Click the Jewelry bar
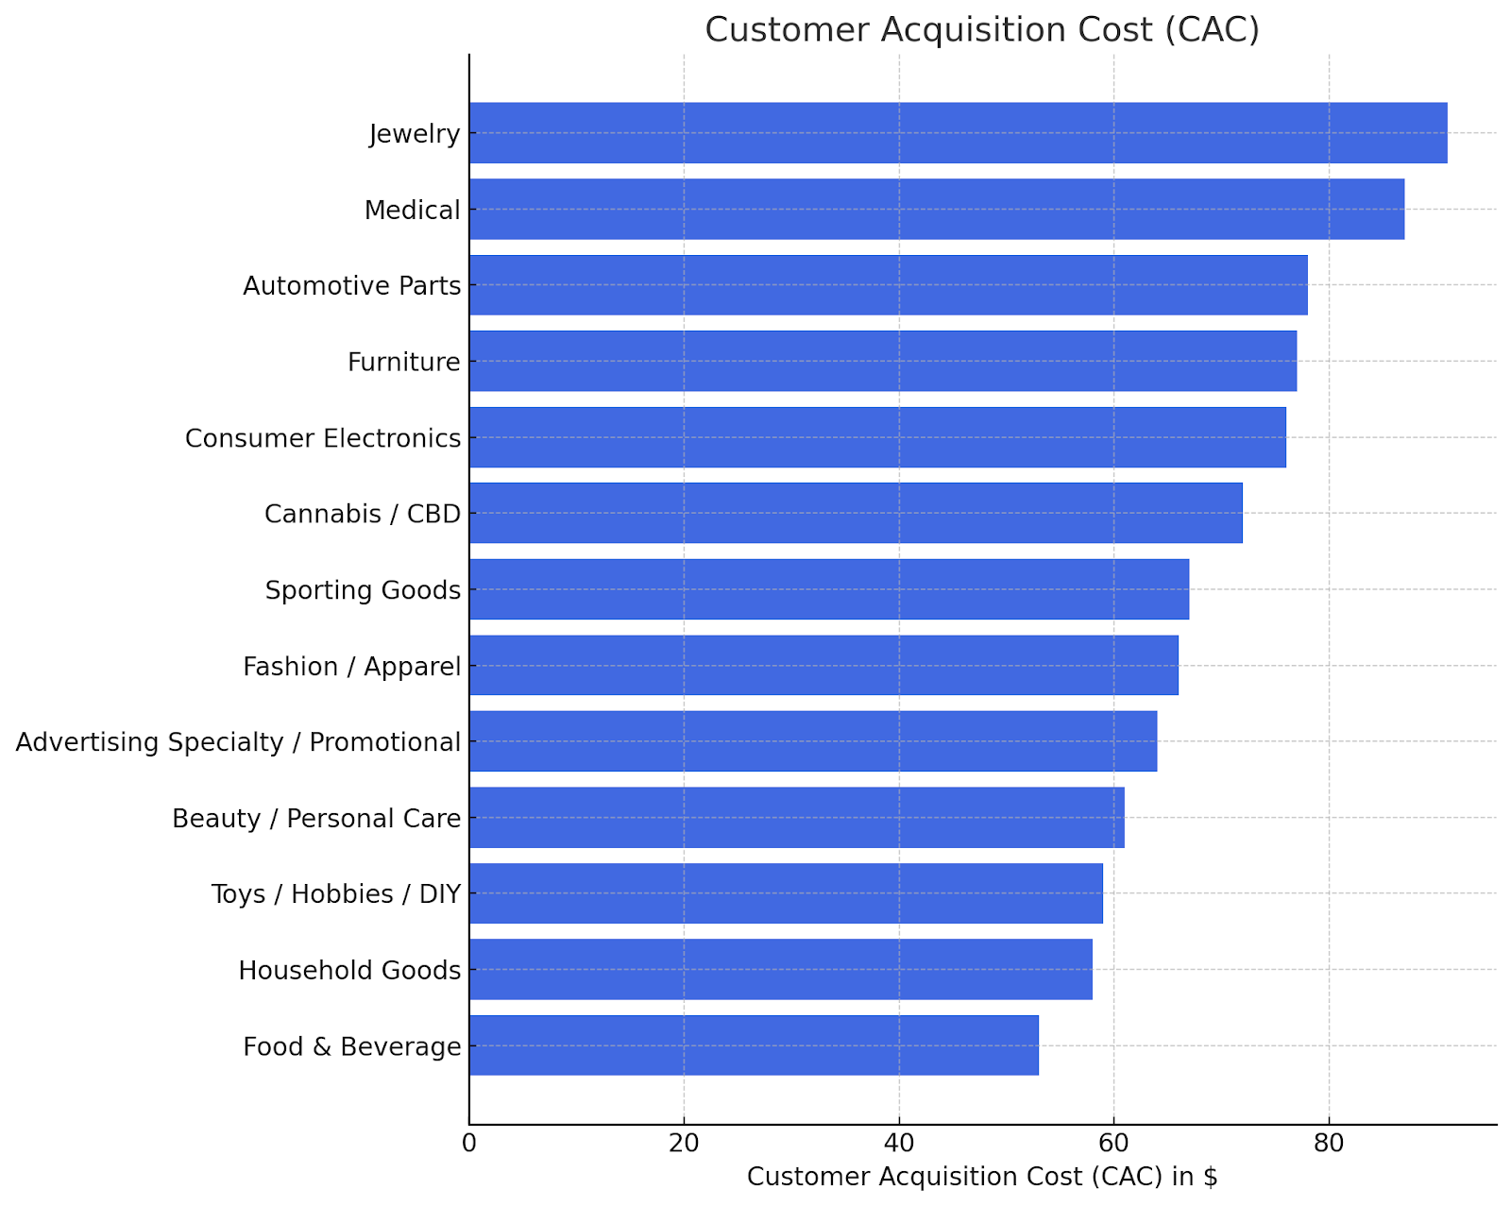click(958, 133)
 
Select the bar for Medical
click(936, 209)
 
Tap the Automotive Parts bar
click(888, 285)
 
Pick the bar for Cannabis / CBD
click(856, 513)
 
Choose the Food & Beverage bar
click(754, 1045)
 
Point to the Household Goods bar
click(780, 969)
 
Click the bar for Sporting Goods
click(828, 589)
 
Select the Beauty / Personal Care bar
click(796, 818)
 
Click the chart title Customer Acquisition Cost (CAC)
click(982, 30)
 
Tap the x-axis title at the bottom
click(982, 1177)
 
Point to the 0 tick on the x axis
click(469, 1144)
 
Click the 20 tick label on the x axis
click(684, 1144)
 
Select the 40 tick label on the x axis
click(899, 1144)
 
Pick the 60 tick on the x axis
click(1114, 1144)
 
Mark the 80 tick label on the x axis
click(1329, 1144)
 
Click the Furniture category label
click(404, 362)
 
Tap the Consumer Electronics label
click(323, 438)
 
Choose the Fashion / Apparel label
click(352, 667)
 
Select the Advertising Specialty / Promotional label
click(239, 742)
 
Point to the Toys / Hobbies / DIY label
click(336, 893)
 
